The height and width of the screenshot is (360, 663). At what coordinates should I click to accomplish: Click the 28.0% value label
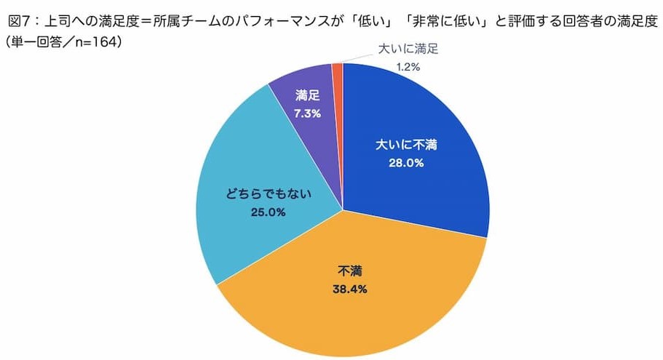pyautogui.click(x=405, y=163)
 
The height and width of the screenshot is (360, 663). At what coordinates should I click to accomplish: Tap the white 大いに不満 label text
pyautogui.click(x=405, y=145)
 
